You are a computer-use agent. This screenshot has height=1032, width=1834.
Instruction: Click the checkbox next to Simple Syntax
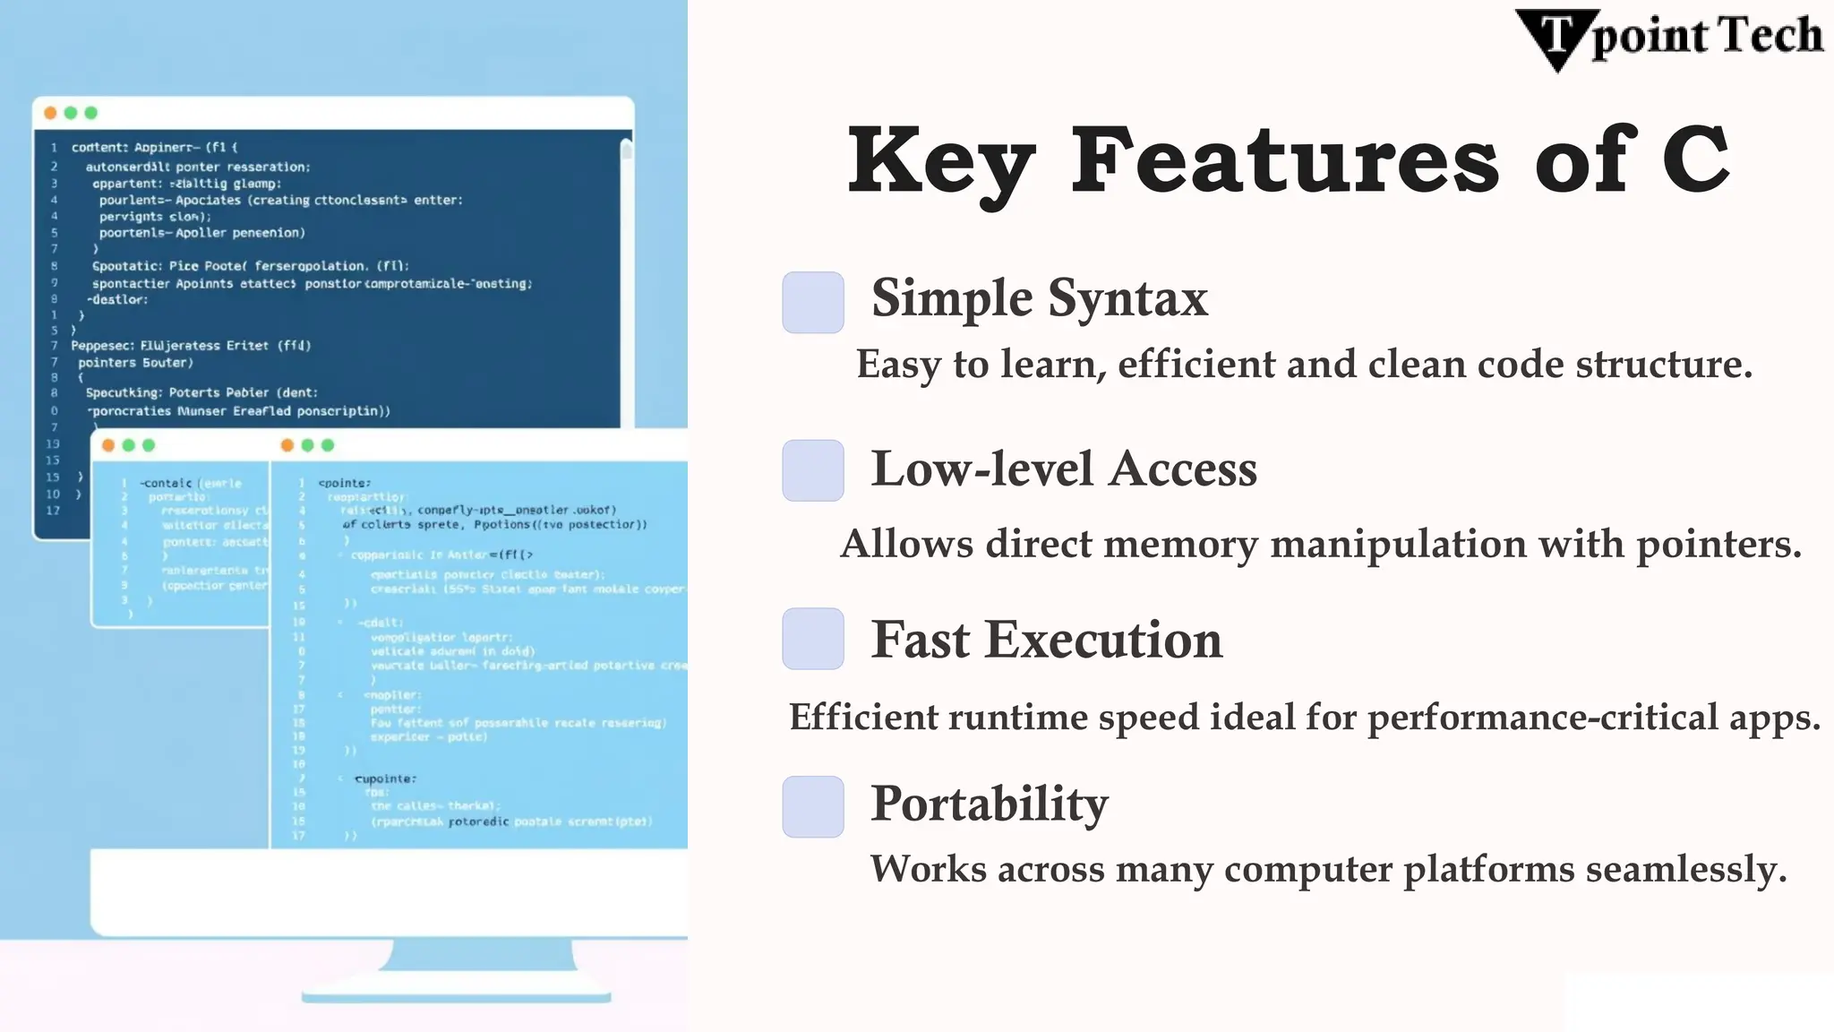tap(813, 303)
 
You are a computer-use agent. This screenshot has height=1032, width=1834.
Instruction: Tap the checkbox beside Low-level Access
tap(813, 470)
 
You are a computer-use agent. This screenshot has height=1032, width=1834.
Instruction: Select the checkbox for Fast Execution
tap(813, 639)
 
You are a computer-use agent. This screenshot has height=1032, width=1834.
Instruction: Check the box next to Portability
tap(813, 806)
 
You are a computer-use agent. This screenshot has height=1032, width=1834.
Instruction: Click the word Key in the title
tap(941, 162)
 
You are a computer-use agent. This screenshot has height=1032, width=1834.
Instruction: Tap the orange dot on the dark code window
tap(50, 113)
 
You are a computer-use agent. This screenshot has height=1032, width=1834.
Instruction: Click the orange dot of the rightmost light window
tap(287, 445)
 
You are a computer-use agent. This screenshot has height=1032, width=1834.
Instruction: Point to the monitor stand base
tap(457, 996)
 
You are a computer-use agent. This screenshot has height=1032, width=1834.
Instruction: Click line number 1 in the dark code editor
tap(54, 148)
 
